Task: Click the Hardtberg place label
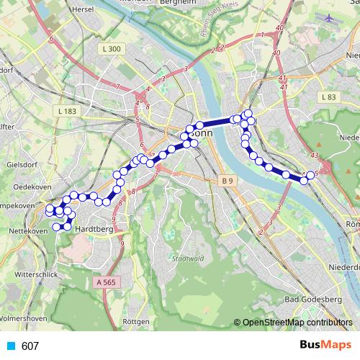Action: click(x=94, y=229)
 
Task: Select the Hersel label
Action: click(x=84, y=9)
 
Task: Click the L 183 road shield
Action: click(x=66, y=112)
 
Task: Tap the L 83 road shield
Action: click(x=328, y=96)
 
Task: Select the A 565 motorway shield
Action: click(x=105, y=284)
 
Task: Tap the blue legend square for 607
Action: click(x=10, y=346)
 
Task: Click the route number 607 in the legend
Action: click(x=30, y=346)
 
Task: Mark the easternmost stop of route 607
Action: click(x=311, y=175)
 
